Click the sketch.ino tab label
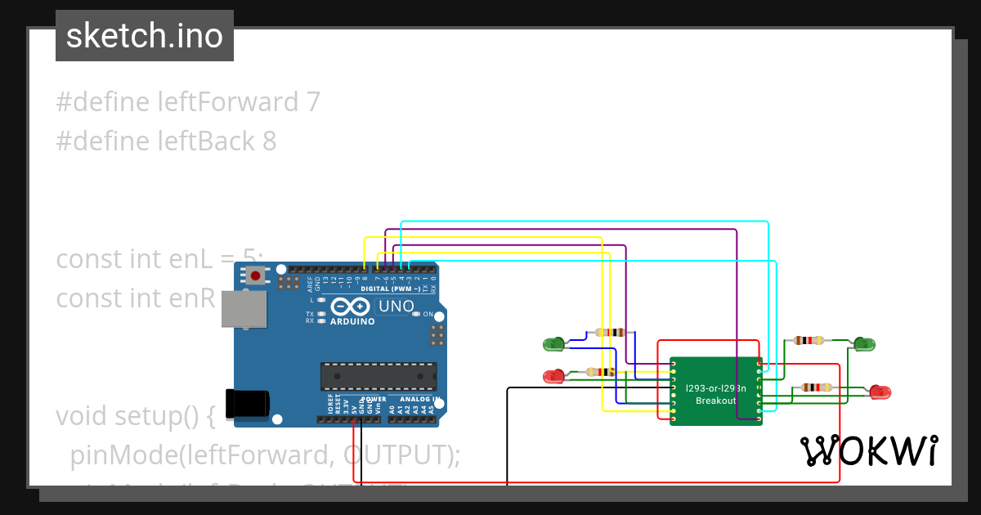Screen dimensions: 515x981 (x=145, y=36)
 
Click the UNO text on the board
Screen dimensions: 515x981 (x=395, y=307)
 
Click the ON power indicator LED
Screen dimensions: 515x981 (x=416, y=314)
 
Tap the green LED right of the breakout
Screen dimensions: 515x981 (x=863, y=344)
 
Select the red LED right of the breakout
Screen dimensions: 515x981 (x=880, y=392)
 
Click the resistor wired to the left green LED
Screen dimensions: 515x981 (x=610, y=333)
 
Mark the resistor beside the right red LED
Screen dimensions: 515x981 (x=817, y=387)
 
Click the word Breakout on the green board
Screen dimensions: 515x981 (x=715, y=401)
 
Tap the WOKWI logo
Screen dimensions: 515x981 (x=869, y=450)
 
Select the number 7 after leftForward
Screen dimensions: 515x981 (x=312, y=102)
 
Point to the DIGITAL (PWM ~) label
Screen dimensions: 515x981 (x=390, y=289)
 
